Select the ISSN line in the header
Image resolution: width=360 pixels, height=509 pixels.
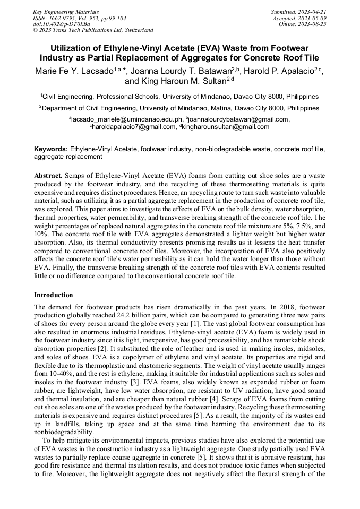click(79, 18)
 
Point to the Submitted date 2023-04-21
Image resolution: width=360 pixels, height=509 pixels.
click(298, 11)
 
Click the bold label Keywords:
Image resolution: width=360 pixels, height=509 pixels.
click(51, 150)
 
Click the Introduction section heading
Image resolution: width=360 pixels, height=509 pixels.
click(54, 295)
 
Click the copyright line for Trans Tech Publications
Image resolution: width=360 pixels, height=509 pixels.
click(93, 30)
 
